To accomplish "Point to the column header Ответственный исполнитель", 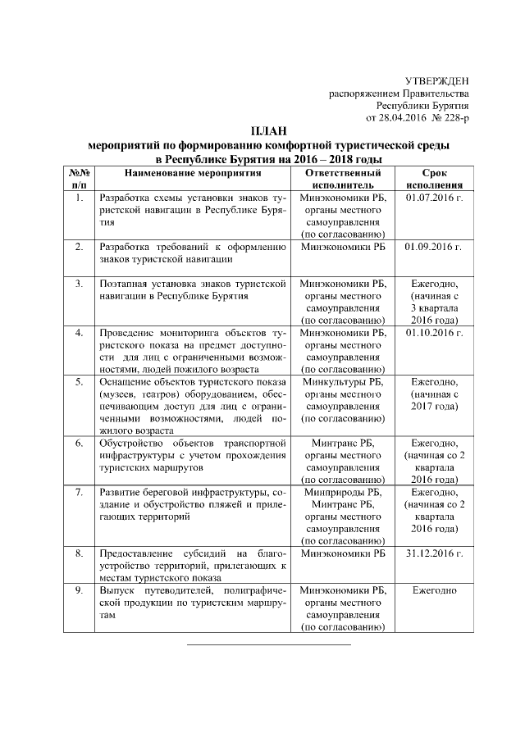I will (x=343, y=180).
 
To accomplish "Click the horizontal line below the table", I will (x=269, y=644).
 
